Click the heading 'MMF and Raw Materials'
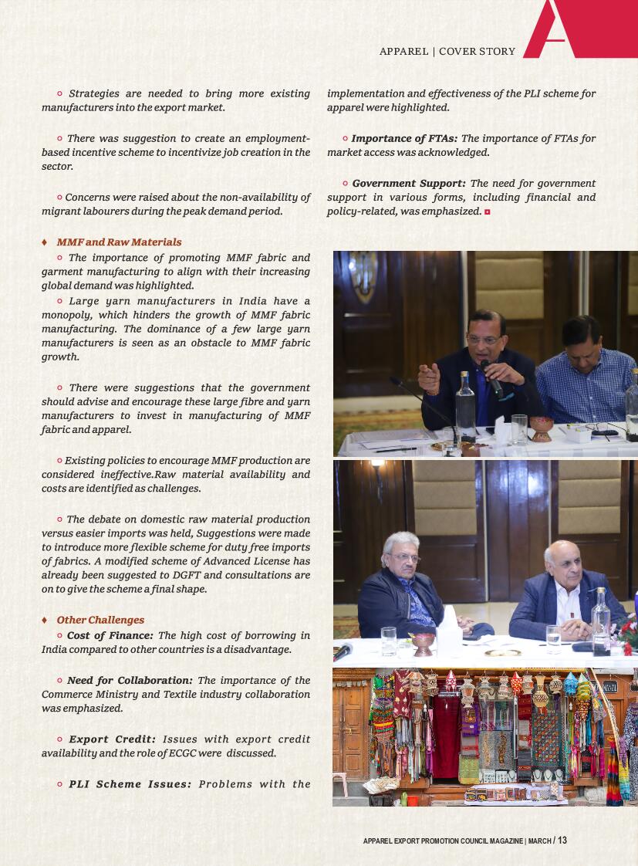119,242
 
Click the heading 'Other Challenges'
100,620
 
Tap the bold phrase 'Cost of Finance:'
110,635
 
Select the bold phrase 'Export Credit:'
112,739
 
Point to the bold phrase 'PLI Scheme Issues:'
130,784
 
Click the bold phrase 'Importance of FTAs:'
404,139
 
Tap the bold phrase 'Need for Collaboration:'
130,680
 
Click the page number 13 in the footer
562,841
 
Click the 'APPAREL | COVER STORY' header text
447,52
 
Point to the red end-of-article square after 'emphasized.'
487,211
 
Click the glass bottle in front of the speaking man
465,405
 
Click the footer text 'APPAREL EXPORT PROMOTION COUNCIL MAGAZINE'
444,841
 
